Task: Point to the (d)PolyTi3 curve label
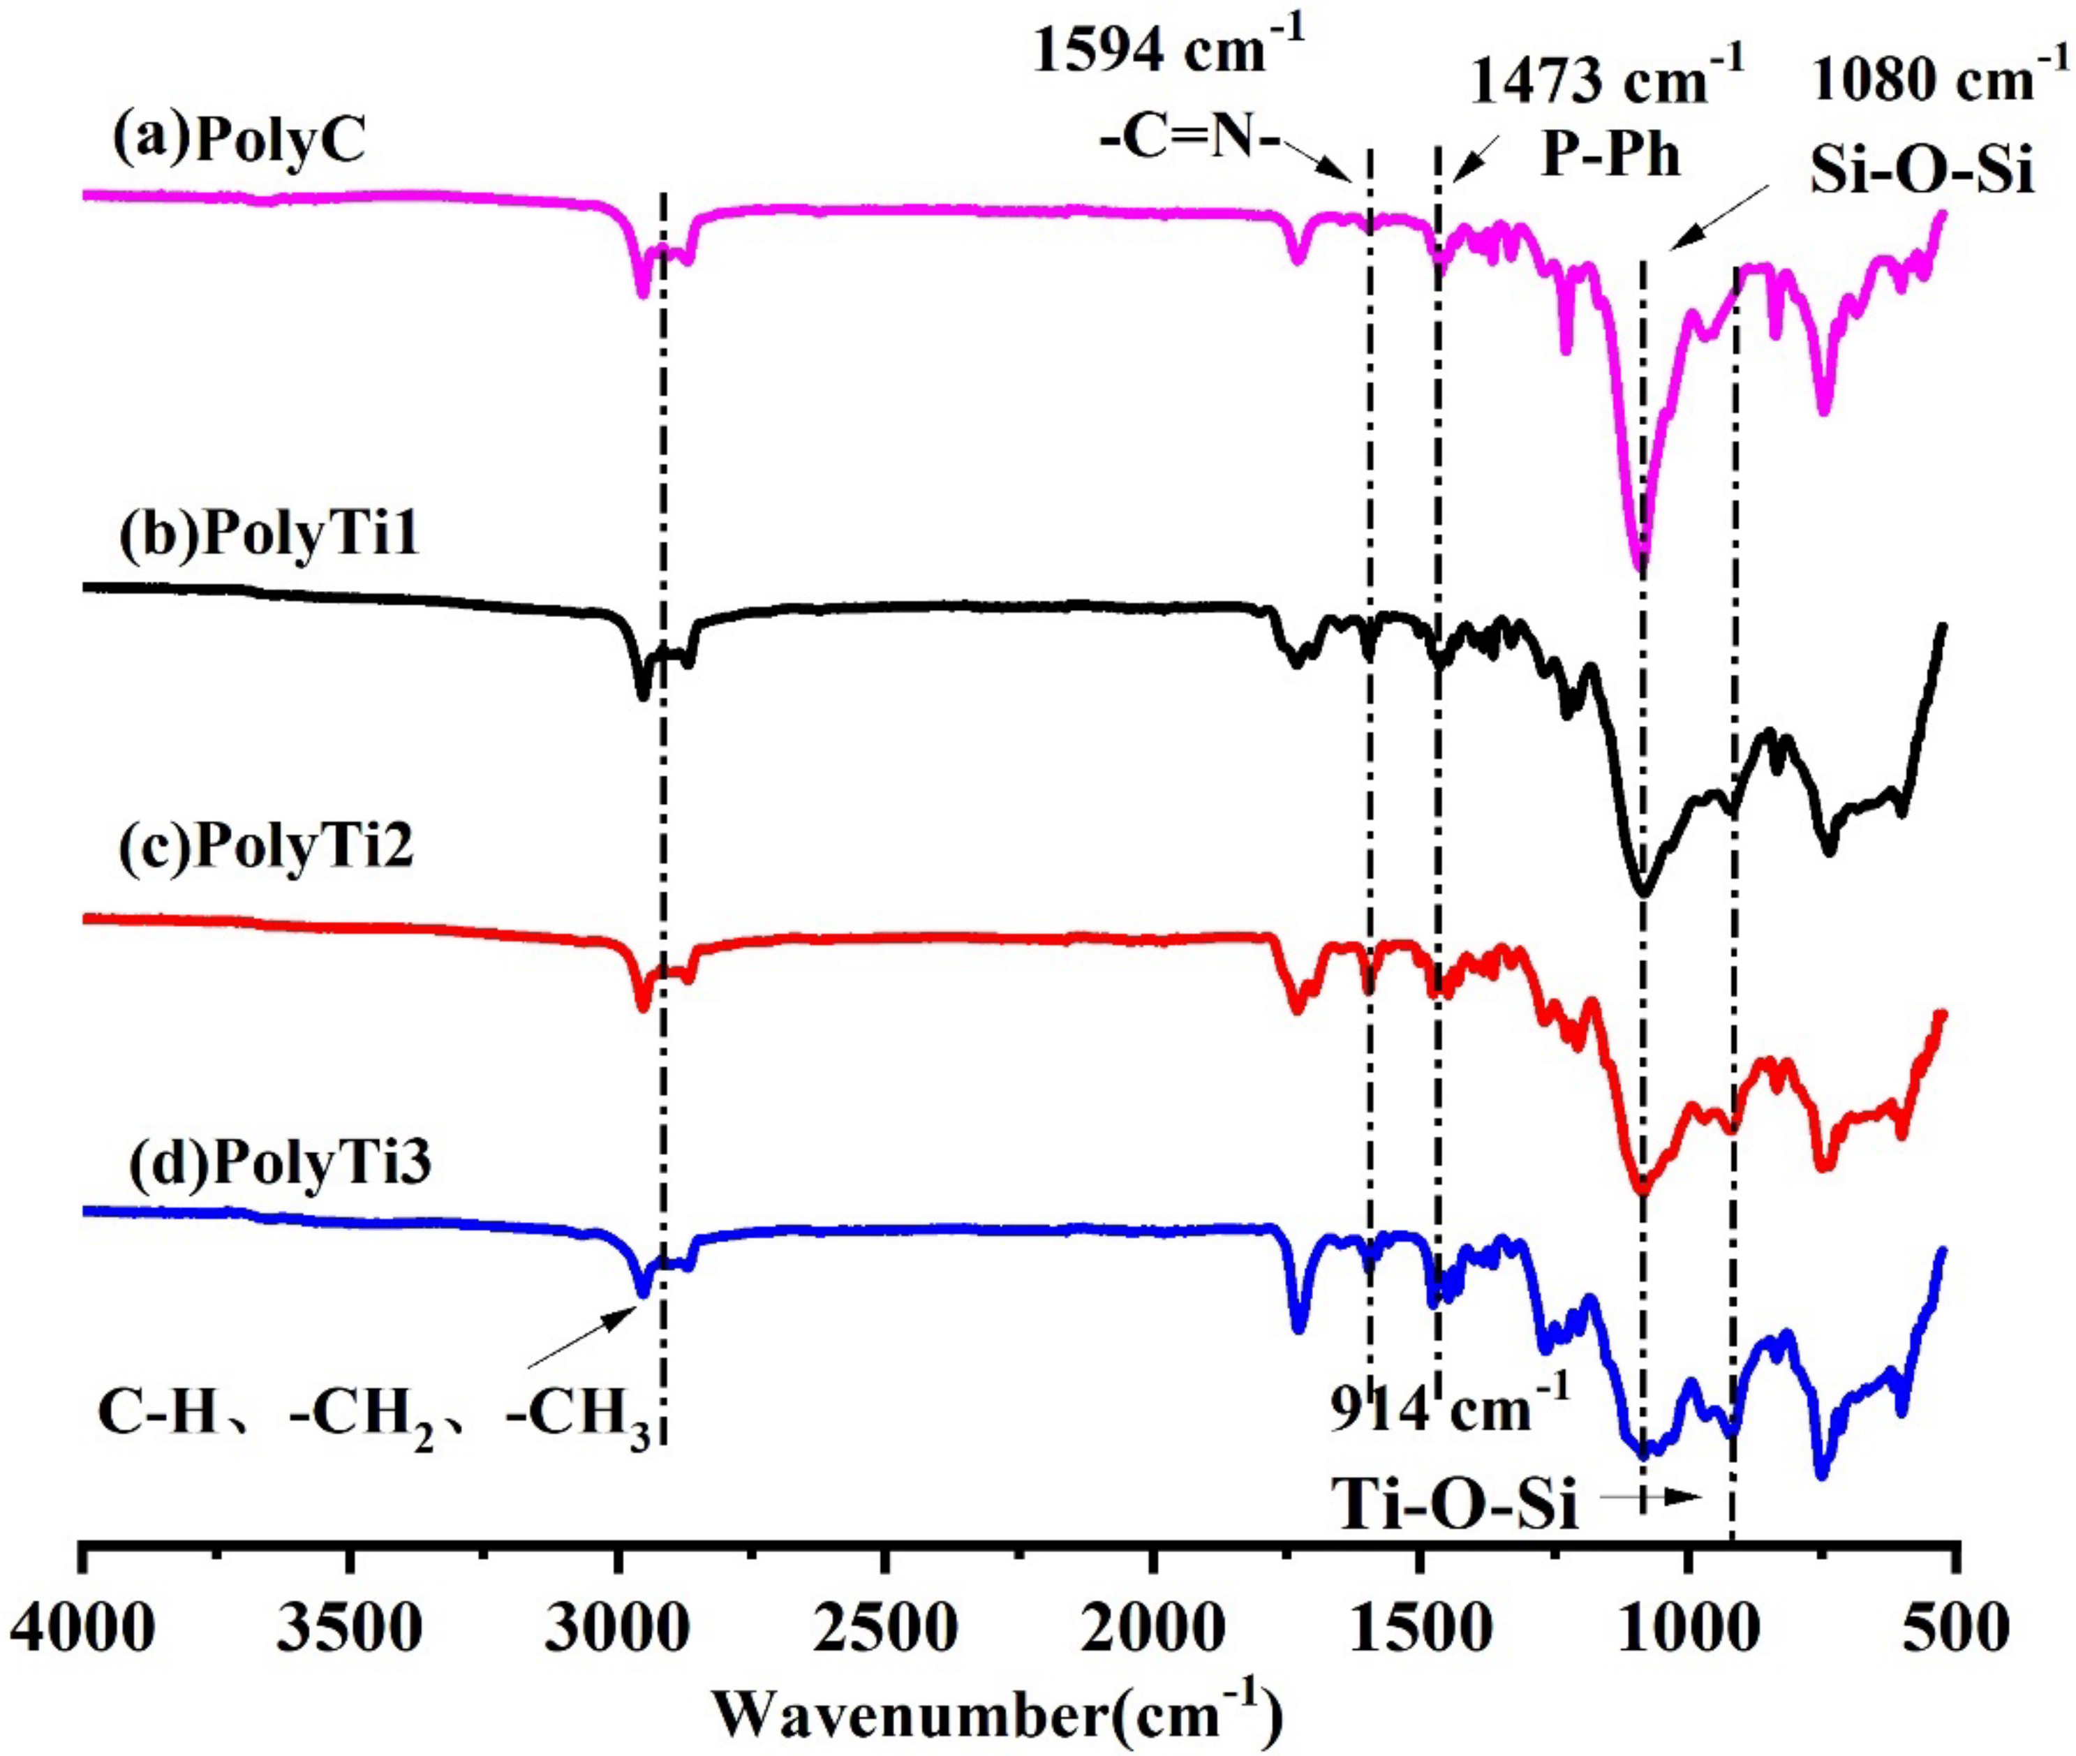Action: [x=280, y=1161]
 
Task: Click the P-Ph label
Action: [x=1610, y=156]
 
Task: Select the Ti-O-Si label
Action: [x=1455, y=1503]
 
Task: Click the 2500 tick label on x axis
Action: [x=884, y=1630]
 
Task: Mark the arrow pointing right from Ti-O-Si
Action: [x=1658, y=1496]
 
